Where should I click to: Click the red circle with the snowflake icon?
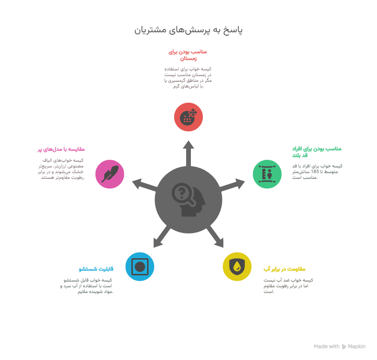[188, 117]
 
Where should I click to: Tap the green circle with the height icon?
[267, 174]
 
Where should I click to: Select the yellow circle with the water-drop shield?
[237, 266]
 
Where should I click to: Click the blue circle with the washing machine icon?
[139, 266]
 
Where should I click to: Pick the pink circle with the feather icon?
[109, 174]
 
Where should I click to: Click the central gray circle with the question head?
[188, 200]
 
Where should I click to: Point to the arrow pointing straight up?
[188, 154]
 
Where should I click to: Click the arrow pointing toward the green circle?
[232, 185]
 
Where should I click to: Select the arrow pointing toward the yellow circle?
[215, 236]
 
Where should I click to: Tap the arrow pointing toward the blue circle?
[161, 236]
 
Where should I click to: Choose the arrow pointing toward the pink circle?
[145, 185]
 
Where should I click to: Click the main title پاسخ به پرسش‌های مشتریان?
[188, 30]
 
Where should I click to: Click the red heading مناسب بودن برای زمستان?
[188, 55]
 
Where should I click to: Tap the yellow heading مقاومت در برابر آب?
[284, 269]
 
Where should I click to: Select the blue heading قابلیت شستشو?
[96, 269]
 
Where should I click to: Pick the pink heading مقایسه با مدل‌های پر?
[61, 149]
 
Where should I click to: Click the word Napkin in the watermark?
[357, 346]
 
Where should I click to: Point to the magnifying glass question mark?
[181, 192]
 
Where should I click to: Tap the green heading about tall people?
[317, 152]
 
